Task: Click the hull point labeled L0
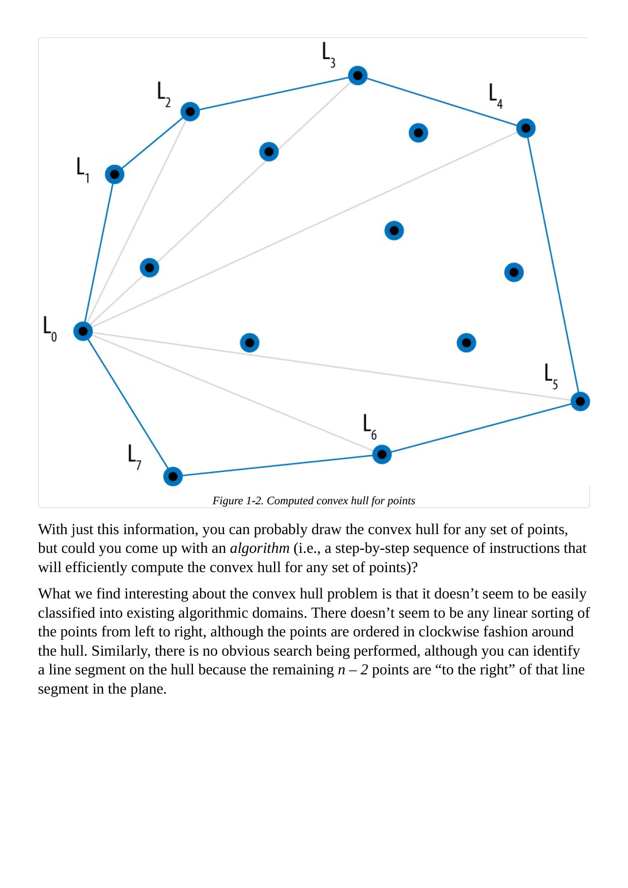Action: (x=83, y=331)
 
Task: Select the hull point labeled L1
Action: (x=114, y=175)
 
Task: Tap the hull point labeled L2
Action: (x=190, y=111)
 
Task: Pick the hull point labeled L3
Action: (x=358, y=75)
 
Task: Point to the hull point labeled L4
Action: (x=526, y=128)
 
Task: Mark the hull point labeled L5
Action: (x=580, y=401)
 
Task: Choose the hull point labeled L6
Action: (x=382, y=455)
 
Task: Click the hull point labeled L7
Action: (x=173, y=476)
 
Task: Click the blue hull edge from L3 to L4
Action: (x=442, y=102)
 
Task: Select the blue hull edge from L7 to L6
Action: (x=278, y=466)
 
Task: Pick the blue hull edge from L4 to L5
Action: (x=553, y=265)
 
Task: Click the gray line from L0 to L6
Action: (x=232, y=393)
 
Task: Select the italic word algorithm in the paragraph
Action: (x=259, y=548)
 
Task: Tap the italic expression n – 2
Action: (x=352, y=670)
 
